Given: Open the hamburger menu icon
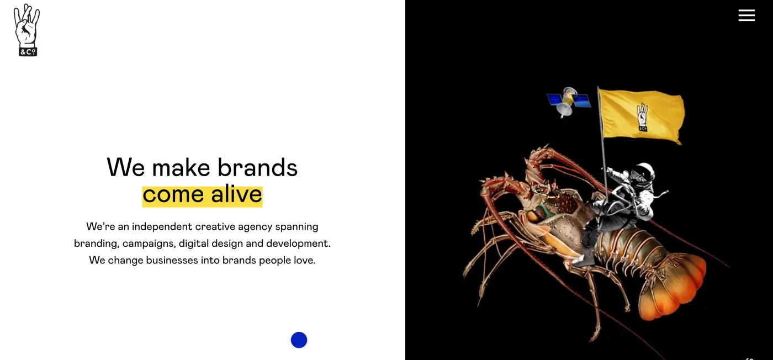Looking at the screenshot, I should point(746,15).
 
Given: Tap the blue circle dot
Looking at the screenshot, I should point(299,340).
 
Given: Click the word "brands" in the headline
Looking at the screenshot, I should point(257,167).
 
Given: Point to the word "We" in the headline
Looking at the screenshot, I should point(126,167).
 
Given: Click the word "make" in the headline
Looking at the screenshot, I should point(181,167).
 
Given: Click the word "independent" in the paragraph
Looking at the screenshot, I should point(162,226).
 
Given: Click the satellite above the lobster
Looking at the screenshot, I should point(568,101).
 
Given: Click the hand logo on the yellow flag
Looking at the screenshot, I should point(642,117).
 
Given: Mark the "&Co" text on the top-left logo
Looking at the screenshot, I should point(27,52).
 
